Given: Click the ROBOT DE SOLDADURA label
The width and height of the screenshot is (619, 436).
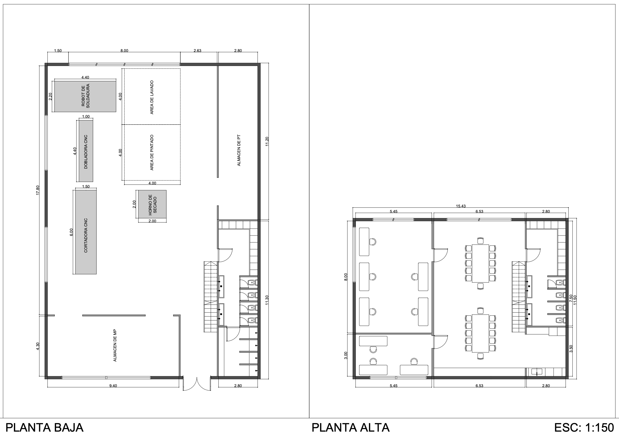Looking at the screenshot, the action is tap(85, 96).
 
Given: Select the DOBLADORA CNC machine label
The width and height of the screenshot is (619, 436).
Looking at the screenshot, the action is tap(86, 152).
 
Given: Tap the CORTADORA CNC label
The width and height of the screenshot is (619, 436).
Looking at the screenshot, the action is tap(86, 236).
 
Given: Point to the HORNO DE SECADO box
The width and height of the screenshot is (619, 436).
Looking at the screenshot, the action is tap(152, 204).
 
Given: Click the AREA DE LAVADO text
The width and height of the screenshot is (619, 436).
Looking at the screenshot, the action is tap(152, 97).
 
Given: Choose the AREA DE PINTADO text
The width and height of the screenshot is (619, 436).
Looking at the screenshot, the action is tap(152, 153).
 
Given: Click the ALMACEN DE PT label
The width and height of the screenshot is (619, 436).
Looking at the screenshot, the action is tap(238, 151).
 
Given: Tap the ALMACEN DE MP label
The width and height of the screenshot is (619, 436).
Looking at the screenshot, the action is tap(115, 345).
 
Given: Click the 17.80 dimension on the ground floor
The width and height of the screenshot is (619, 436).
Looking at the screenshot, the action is tap(38, 190).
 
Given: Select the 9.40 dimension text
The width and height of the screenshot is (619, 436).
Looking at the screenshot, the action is tap(113, 386).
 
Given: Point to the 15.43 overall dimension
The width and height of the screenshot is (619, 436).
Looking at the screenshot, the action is tap(461, 206).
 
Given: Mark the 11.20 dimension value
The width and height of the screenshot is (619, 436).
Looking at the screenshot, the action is tap(267, 142).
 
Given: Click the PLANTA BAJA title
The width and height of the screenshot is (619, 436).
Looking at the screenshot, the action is tap(45, 428).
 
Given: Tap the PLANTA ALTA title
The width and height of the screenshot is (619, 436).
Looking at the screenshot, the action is tap(350, 428).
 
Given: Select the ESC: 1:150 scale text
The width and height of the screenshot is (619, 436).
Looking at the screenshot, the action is tap(584, 428).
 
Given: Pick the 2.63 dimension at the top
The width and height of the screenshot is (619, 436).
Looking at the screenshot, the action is tap(197, 51).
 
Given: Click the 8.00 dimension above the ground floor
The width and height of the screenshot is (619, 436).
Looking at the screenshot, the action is tap(124, 51).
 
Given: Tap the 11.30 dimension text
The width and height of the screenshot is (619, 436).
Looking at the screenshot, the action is tap(267, 300).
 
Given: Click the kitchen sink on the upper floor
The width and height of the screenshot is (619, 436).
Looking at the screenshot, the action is tap(537, 372).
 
